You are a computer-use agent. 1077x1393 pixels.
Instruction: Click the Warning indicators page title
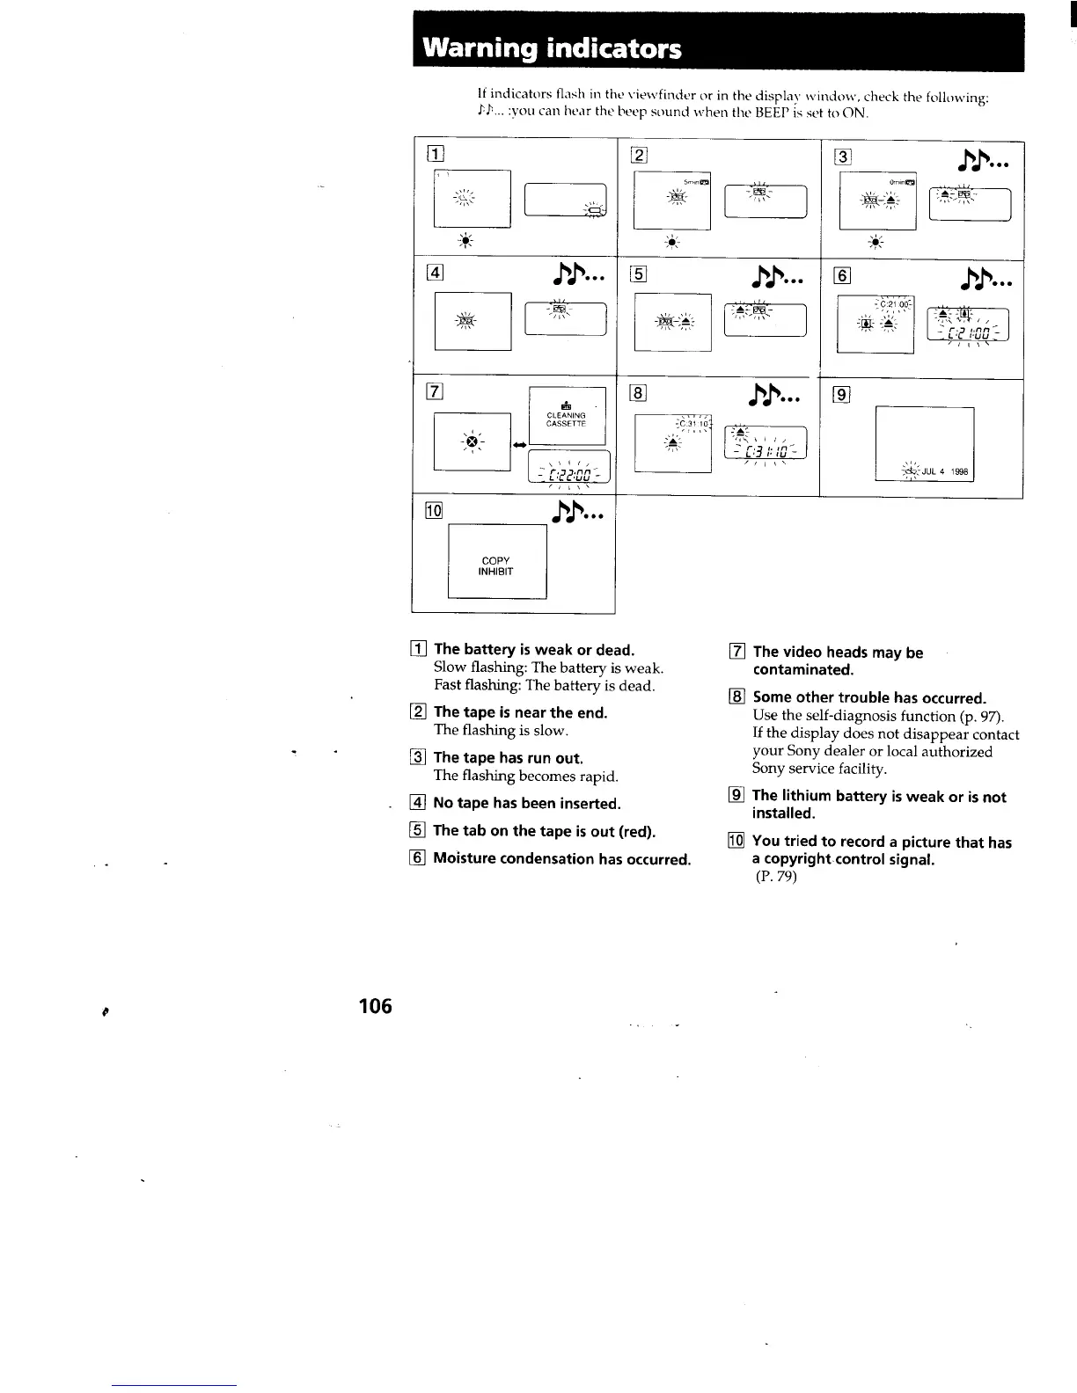point(553,47)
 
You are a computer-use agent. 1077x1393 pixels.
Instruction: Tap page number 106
point(375,1005)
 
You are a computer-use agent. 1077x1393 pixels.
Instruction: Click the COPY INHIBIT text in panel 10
point(496,566)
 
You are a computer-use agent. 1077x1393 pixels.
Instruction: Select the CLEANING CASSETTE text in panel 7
point(566,419)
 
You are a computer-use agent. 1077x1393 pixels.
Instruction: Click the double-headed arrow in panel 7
point(519,444)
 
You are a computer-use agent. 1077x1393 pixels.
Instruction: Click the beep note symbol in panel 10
point(577,512)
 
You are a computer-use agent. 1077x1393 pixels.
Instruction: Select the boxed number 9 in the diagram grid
point(841,394)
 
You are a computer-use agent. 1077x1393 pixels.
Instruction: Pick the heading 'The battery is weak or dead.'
point(534,650)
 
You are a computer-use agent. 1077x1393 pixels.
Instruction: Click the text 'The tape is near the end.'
point(520,712)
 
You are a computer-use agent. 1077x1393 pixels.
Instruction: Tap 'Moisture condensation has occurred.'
point(561,858)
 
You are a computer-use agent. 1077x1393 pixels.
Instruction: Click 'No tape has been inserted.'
point(527,803)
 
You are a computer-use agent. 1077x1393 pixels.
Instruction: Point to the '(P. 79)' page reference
point(775,877)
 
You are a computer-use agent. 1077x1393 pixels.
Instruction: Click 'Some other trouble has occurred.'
point(869,697)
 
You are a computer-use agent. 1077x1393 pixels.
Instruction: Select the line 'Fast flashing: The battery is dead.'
point(544,686)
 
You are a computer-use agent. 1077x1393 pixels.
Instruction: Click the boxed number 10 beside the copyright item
point(736,842)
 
